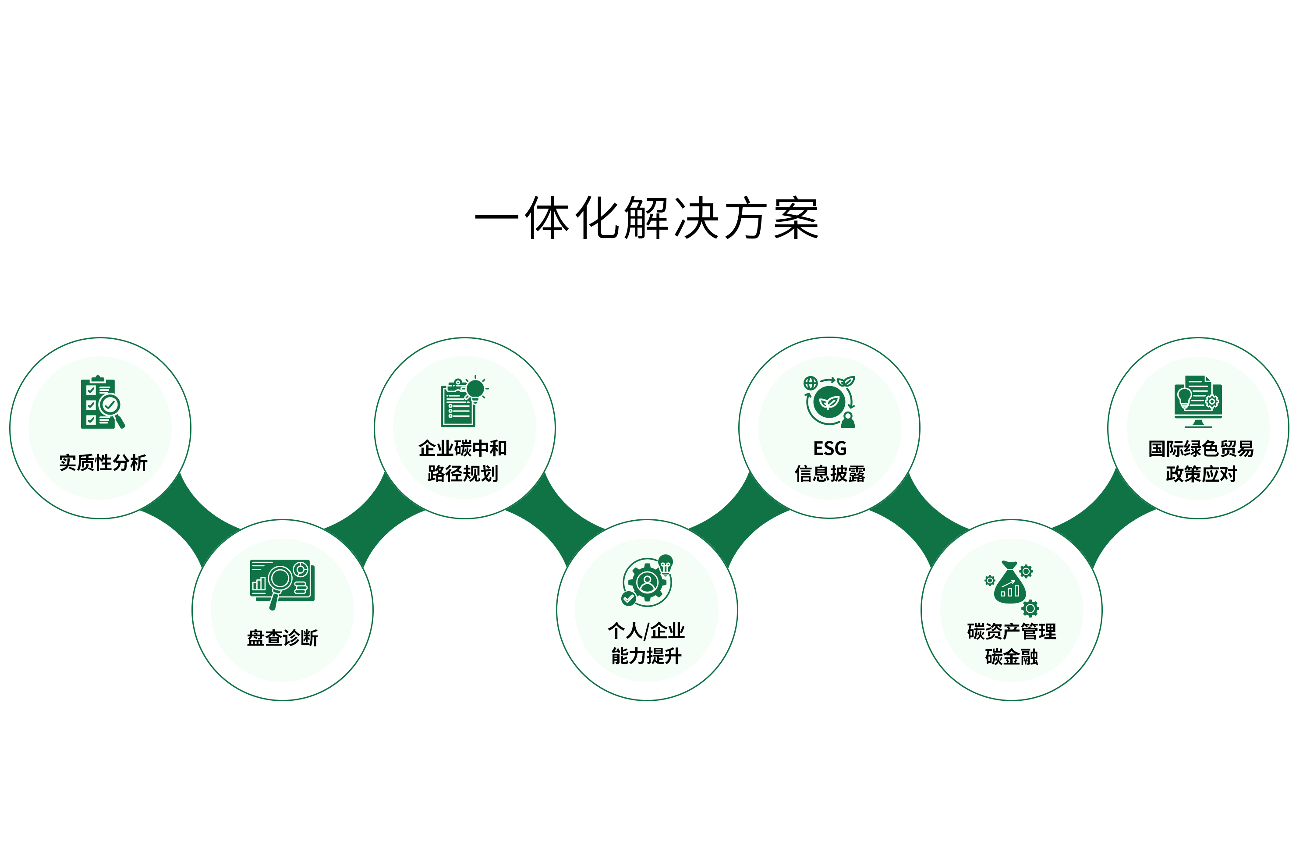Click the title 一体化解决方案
tap(647, 218)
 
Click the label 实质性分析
tap(103, 462)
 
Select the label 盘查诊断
tap(282, 637)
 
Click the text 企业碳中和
tap(462, 448)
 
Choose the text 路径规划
tap(462, 473)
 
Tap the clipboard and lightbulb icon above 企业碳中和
tap(464, 401)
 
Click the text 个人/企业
tap(646, 630)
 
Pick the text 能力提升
tap(646, 656)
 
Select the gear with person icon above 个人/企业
tap(647, 580)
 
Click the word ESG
tap(830, 448)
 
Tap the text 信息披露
tap(830, 473)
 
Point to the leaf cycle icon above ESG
tap(829, 401)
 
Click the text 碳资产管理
tap(1011, 632)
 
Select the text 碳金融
tap(1011, 657)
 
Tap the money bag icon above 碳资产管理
tap(1012, 588)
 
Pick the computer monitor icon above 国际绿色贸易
tap(1198, 401)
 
